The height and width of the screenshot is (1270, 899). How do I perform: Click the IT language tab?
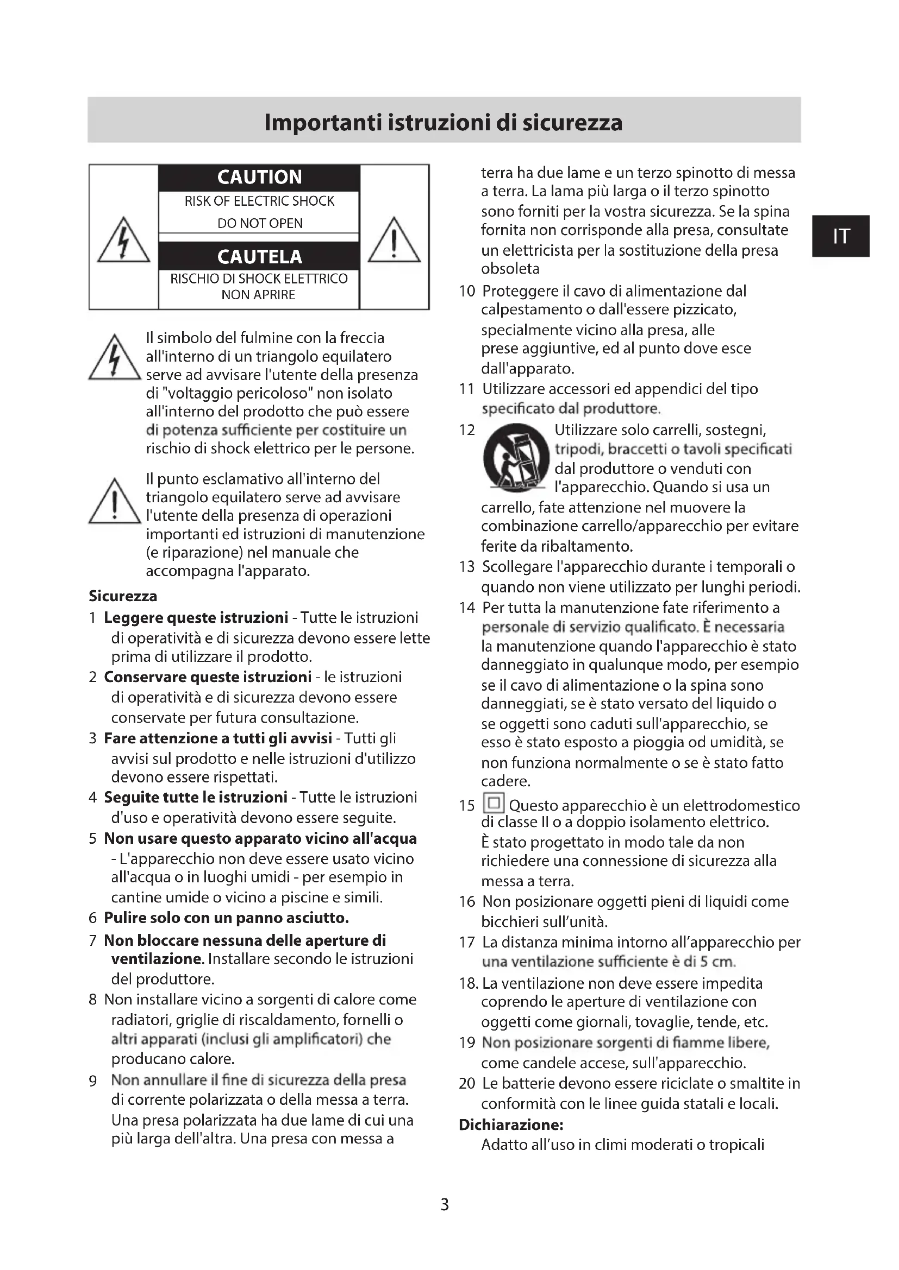840,236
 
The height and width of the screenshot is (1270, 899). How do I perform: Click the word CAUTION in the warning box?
259,177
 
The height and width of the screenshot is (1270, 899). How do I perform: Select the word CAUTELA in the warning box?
259,257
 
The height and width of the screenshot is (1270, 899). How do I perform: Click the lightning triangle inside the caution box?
123,241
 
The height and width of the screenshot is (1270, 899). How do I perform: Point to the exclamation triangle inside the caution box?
394,241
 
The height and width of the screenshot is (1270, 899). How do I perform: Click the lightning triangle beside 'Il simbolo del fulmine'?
115,359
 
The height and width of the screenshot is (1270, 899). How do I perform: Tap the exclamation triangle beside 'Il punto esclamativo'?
115,502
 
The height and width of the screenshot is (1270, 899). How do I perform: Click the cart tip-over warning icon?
516,458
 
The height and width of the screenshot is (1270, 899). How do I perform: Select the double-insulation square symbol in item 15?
493,803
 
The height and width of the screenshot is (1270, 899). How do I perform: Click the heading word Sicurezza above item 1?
123,596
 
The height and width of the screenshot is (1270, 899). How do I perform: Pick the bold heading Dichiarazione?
511,1124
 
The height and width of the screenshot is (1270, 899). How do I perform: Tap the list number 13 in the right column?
467,566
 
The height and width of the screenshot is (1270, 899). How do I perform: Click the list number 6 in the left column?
92,918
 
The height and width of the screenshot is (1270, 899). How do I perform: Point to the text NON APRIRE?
258,295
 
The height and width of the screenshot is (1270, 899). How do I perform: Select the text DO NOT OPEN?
260,223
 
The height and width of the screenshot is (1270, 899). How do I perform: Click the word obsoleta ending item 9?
510,269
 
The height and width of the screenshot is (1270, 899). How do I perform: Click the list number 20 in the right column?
467,1083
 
